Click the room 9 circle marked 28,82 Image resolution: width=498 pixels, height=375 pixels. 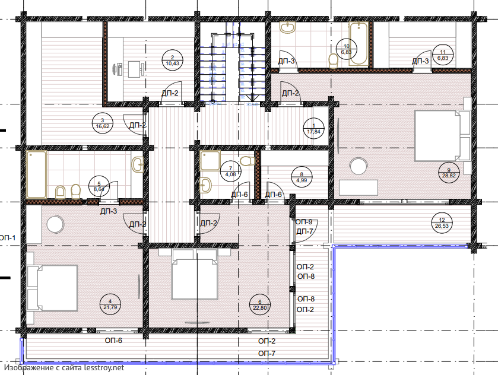tap(449, 173)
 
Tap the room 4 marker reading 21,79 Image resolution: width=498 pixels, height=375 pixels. tap(110, 304)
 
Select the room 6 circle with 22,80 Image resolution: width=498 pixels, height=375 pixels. tap(260, 305)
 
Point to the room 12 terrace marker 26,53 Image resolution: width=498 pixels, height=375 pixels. tap(442, 223)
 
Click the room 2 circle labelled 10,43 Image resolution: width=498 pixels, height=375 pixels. tap(173, 61)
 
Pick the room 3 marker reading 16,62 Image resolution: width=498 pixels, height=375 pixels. tap(102, 123)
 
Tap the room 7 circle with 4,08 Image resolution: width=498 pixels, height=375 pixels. tap(230, 171)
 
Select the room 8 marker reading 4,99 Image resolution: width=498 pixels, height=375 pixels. tap(302, 177)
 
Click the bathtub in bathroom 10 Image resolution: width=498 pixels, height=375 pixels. tap(359, 43)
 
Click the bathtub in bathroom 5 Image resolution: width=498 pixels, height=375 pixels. tap(37, 174)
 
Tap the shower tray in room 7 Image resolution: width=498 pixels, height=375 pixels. tap(210, 161)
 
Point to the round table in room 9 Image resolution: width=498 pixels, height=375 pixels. tap(359, 166)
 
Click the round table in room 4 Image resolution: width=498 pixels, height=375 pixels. tap(56, 224)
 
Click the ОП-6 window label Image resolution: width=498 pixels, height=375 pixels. tap(113, 341)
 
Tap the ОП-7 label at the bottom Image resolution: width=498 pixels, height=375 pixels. tap(267, 354)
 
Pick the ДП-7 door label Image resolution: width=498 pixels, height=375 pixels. tap(305, 231)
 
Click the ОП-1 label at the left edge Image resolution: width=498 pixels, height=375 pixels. tap(7, 237)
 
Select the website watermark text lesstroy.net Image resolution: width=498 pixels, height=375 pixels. tap(104, 368)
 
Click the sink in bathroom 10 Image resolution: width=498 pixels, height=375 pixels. tap(288, 28)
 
